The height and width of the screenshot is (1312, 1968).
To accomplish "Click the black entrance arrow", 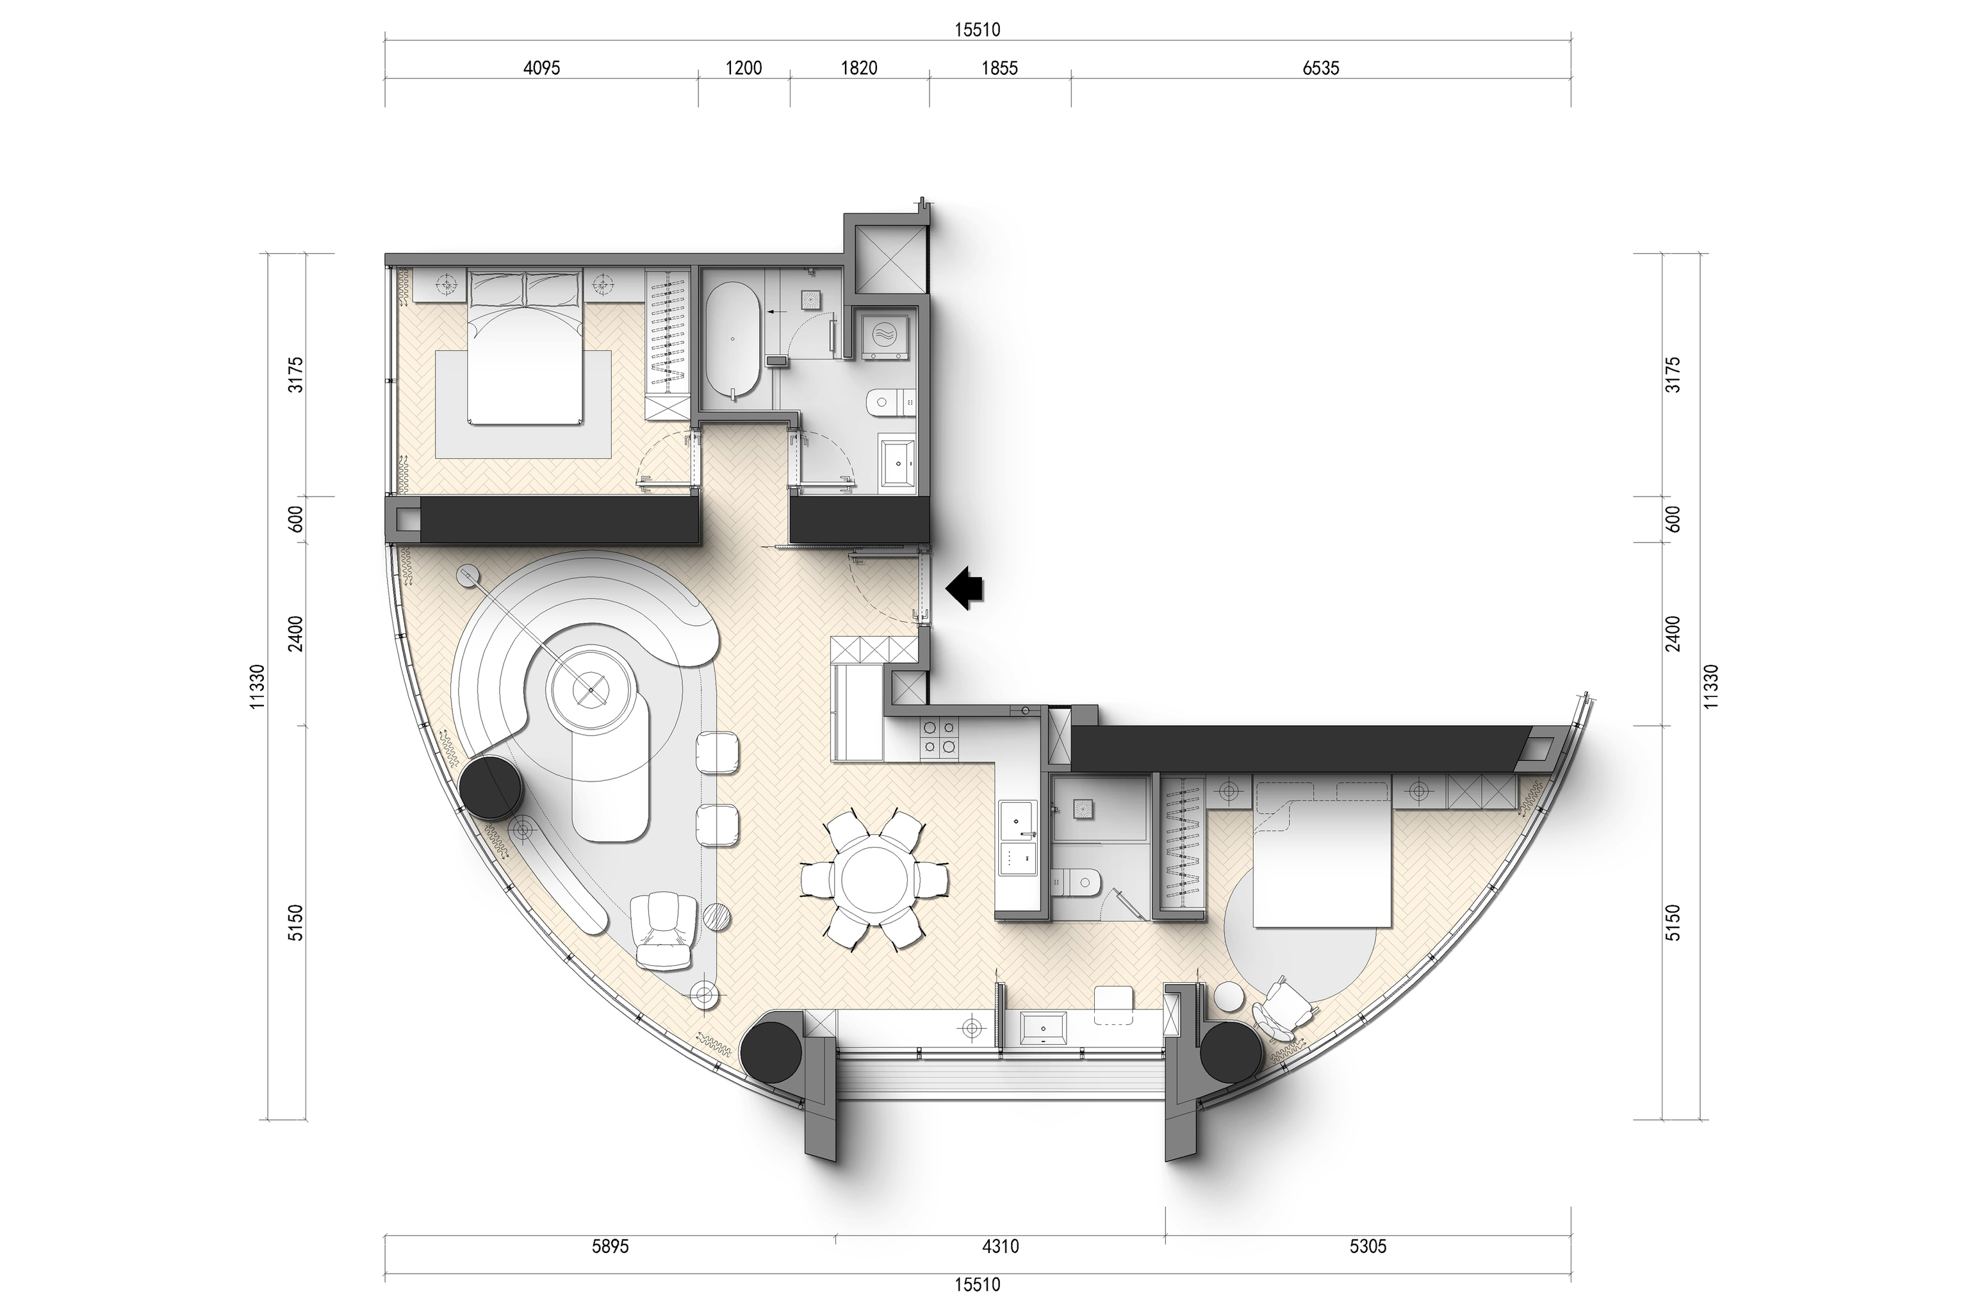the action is point(965,588).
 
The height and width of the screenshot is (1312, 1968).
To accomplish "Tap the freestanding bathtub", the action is point(733,340).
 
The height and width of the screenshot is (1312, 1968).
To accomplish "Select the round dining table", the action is point(875,880).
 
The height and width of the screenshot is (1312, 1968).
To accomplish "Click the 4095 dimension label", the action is point(541,69).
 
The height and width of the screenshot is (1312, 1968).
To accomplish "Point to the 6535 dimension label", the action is point(1320,69).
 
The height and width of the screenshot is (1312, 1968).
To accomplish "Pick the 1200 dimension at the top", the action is point(743,69).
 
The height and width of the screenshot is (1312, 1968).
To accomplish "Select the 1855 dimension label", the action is point(999,69).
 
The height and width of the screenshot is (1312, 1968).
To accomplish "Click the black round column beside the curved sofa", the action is point(492,787).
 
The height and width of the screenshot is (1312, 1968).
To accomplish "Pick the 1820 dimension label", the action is point(858,69).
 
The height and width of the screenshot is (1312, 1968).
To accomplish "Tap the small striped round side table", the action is point(719,917).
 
